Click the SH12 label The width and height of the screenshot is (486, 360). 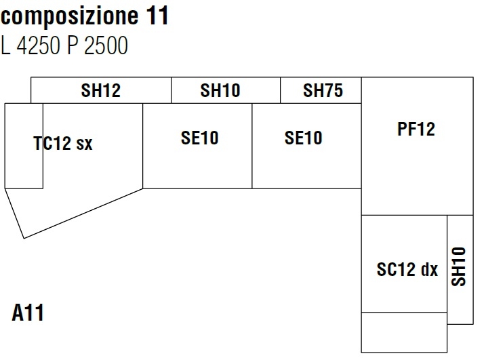[100, 91]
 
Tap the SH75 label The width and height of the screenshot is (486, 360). [322, 91]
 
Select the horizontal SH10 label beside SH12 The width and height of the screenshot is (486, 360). [220, 91]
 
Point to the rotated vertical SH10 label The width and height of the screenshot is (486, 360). [460, 266]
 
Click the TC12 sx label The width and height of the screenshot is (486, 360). [63, 144]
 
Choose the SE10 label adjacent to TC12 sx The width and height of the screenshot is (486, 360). [200, 139]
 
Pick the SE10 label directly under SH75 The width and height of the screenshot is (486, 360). [304, 139]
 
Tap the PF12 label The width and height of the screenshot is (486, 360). [416, 129]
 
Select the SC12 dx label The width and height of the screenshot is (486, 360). [407, 270]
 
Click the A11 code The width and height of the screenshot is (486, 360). [28, 314]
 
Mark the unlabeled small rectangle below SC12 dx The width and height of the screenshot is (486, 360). [404, 332]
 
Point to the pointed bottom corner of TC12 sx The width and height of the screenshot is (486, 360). [24, 238]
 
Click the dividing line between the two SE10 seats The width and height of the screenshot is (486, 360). [252, 146]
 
